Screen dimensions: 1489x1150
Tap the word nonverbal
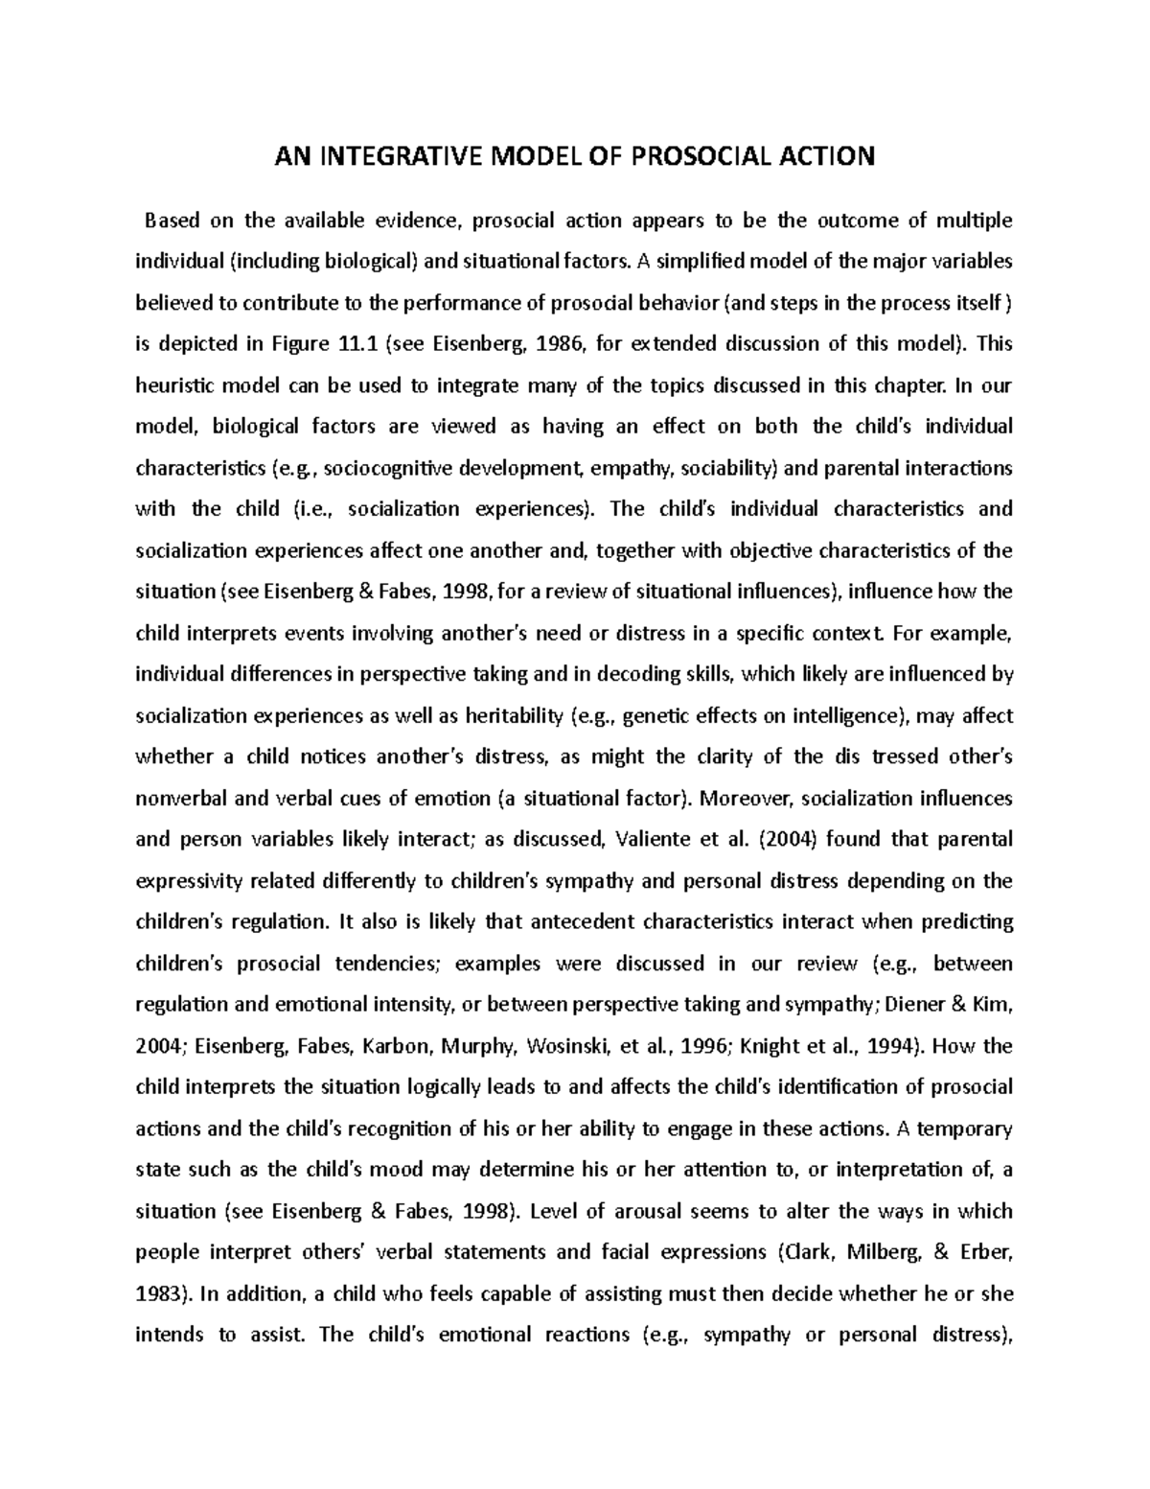[179, 798]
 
